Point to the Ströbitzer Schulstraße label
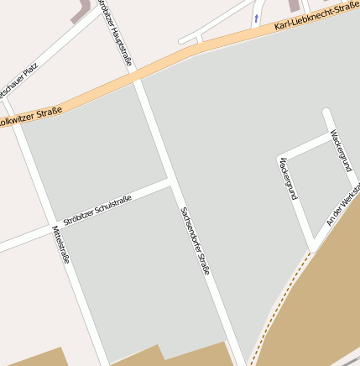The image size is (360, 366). (x=97, y=208)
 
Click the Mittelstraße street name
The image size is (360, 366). (x=61, y=244)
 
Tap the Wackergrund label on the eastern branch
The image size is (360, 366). (x=339, y=149)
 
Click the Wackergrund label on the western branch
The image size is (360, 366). (x=288, y=177)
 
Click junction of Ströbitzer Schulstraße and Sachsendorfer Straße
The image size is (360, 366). (x=171, y=180)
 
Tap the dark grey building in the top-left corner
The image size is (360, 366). (x=83, y=8)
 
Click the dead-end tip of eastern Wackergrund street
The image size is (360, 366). (x=326, y=112)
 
